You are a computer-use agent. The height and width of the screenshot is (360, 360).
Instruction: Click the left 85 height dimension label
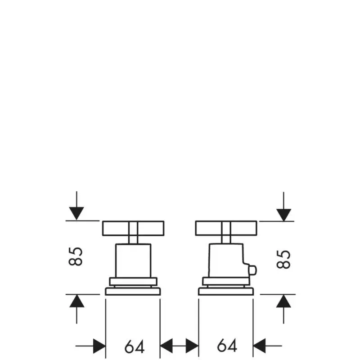click(76, 256)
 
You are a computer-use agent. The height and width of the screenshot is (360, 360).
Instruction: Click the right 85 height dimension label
click(283, 259)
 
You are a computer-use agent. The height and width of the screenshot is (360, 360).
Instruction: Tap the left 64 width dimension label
click(135, 346)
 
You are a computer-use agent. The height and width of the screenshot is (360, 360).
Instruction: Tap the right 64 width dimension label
click(227, 345)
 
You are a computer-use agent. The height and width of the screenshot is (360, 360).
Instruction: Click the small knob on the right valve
click(253, 270)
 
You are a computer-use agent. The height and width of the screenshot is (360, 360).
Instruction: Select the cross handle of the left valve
click(133, 228)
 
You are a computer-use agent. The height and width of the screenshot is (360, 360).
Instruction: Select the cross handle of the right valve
click(226, 228)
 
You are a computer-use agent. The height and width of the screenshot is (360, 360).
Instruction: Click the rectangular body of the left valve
click(133, 261)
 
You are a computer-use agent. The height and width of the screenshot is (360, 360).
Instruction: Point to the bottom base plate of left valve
click(133, 291)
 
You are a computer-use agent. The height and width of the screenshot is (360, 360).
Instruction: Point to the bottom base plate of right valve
click(226, 291)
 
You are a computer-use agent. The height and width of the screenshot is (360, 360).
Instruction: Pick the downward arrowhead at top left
click(76, 213)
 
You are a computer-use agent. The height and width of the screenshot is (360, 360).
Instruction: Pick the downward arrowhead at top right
click(284, 215)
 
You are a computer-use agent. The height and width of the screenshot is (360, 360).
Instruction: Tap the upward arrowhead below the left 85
click(76, 301)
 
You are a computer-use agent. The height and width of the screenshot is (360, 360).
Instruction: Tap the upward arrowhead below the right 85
click(283, 301)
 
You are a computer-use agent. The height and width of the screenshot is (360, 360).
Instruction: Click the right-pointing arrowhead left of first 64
click(99, 346)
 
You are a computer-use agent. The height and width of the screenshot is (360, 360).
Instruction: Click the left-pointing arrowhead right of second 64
click(259, 346)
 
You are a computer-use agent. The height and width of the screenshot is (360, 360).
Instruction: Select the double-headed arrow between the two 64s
click(179, 346)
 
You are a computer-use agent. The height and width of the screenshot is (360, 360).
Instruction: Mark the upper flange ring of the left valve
click(133, 282)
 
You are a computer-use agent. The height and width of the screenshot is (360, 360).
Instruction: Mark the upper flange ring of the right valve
click(226, 282)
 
